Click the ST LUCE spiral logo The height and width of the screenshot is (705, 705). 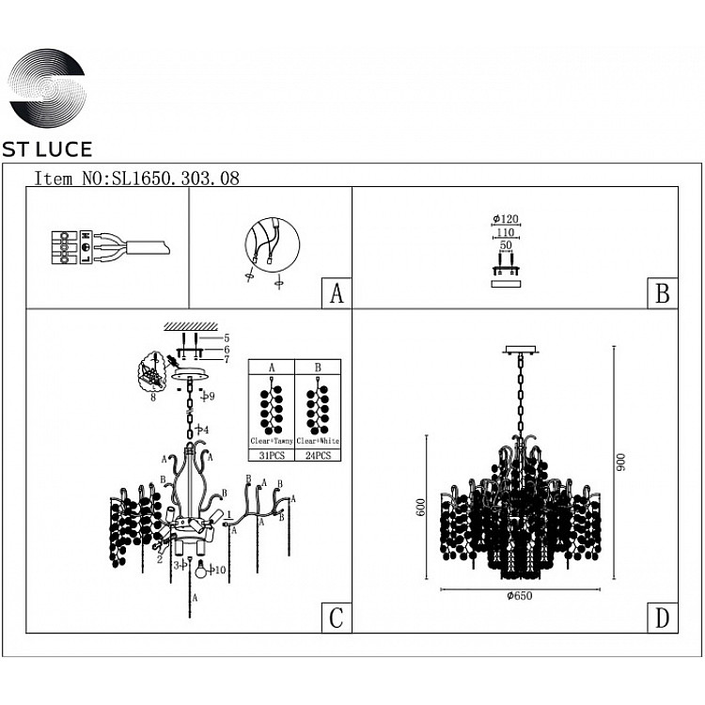(47, 90)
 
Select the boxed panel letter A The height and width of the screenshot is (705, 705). (336, 293)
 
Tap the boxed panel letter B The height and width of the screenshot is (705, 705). (662, 293)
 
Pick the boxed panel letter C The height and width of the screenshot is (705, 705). (336, 618)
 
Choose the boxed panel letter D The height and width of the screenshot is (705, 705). (662, 618)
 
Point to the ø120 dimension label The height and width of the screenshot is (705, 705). (506, 220)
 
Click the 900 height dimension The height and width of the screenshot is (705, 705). (621, 462)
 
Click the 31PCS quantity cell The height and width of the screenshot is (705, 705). (272, 455)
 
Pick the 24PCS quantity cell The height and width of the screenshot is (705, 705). (318, 455)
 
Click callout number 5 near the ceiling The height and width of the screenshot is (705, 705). (227, 337)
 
